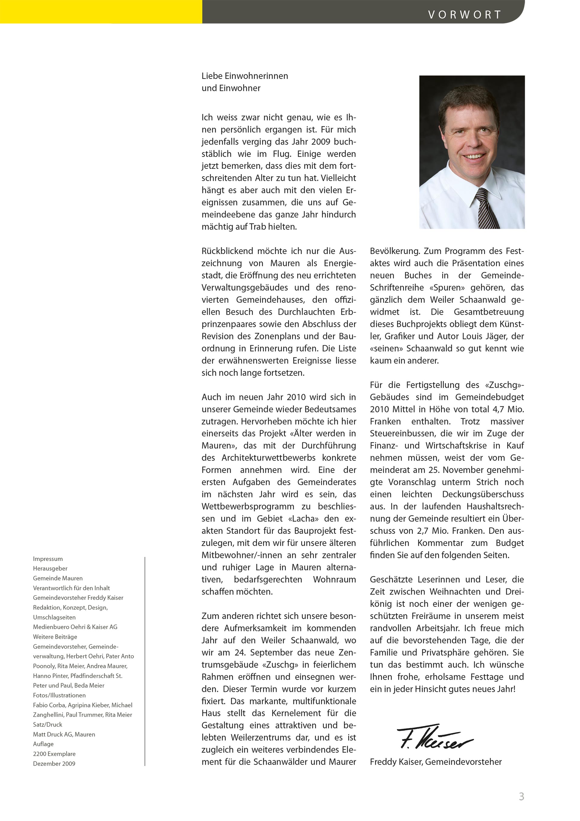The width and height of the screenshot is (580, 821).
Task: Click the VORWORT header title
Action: pyautogui.click(x=464, y=15)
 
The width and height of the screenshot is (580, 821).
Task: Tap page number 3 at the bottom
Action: pyautogui.click(x=521, y=796)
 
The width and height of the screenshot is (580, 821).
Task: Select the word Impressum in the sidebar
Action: pyautogui.click(x=48, y=559)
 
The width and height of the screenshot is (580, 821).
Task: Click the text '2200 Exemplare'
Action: pyautogui.click(x=54, y=754)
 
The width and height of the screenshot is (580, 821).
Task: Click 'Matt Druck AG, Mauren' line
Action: pyautogui.click(x=64, y=734)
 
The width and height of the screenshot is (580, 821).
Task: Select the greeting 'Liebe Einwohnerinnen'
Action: pyautogui.click(x=245, y=76)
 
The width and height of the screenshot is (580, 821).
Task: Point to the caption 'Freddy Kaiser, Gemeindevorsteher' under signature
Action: pyautogui.click(x=436, y=762)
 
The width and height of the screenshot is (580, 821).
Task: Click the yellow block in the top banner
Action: pyautogui.click(x=101, y=11)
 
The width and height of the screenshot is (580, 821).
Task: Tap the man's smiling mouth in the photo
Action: pyautogui.click(x=474, y=156)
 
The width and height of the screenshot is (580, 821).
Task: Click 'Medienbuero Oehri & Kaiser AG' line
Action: pyautogui.click(x=75, y=627)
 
